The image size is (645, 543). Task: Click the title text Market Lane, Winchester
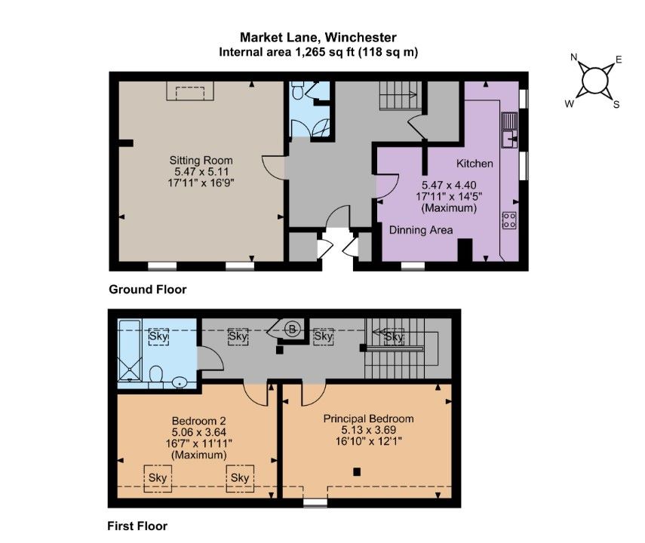(x=318, y=37)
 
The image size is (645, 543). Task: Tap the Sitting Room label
(x=201, y=161)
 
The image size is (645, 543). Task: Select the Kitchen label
(x=475, y=163)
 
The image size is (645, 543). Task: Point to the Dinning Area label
(x=421, y=230)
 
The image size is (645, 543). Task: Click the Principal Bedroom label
(x=368, y=419)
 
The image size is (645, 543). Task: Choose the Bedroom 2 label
(x=199, y=421)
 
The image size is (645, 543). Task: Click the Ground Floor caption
(x=147, y=290)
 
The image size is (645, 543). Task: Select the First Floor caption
(x=137, y=526)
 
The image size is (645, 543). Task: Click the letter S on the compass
(x=616, y=104)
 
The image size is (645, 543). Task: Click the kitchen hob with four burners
(x=509, y=219)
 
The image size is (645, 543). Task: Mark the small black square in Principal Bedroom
(x=358, y=472)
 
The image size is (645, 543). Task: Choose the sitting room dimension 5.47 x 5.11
(x=201, y=172)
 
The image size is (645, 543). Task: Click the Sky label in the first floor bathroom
(x=158, y=336)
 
